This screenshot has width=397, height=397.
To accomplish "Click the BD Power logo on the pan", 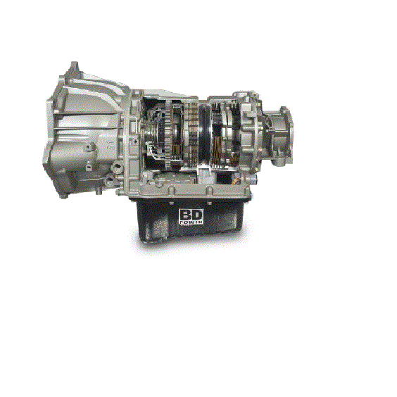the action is pos(191,216).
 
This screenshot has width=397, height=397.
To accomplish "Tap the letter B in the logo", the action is pos(185,215).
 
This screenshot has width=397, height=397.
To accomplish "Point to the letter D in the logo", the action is pos(196,215).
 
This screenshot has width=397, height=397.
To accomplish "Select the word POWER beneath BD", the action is pos(191,222).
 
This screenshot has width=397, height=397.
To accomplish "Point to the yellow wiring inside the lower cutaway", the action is pos(237,180).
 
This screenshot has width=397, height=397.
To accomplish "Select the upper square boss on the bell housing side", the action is pos(89,146).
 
